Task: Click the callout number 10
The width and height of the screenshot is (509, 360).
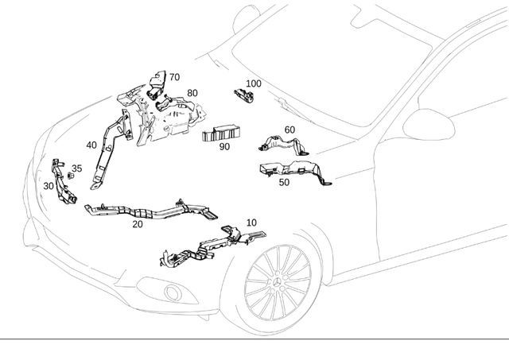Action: [251, 223]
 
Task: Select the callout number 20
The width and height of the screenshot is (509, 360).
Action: [138, 224]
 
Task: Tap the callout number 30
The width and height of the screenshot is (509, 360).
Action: [49, 186]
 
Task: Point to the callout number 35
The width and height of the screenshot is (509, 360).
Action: [76, 168]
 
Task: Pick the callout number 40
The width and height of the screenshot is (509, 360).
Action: [91, 145]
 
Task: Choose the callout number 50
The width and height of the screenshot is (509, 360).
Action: [284, 182]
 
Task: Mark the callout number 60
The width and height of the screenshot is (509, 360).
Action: [289, 130]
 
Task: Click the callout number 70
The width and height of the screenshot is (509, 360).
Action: [174, 78]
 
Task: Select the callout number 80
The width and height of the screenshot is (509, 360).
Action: [192, 93]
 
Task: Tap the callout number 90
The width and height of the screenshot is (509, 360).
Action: [224, 147]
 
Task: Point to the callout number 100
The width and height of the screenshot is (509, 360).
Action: [253, 83]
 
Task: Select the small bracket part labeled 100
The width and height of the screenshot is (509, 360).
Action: [242, 95]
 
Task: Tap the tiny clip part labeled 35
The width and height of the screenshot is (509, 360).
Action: [70, 176]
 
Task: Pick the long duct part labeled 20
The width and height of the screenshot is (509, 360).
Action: [151, 212]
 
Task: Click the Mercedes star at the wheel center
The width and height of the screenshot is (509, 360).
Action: [278, 285]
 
